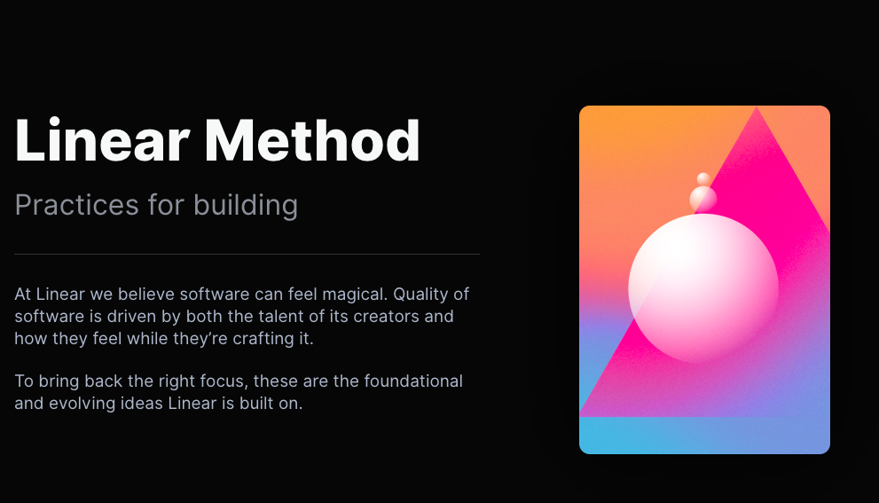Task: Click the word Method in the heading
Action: [312, 140]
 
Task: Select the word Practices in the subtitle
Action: [76, 206]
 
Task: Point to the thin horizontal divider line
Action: [247, 255]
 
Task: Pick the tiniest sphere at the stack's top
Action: [703, 179]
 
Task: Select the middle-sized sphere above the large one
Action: [703, 199]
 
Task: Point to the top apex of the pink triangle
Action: [757, 109]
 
